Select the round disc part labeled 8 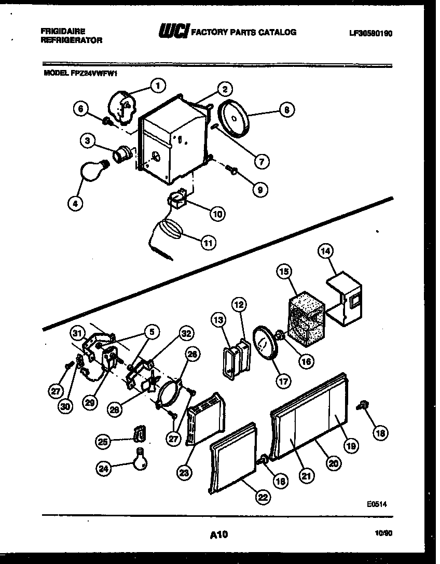tap(235, 119)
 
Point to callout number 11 tap(208, 242)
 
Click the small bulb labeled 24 tap(140, 459)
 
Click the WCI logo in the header tap(174, 32)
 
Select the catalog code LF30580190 tap(370, 33)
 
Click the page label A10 tap(219, 534)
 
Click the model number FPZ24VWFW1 tap(93, 73)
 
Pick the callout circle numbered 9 tap(259, 190)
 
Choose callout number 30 tap(65, 406)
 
